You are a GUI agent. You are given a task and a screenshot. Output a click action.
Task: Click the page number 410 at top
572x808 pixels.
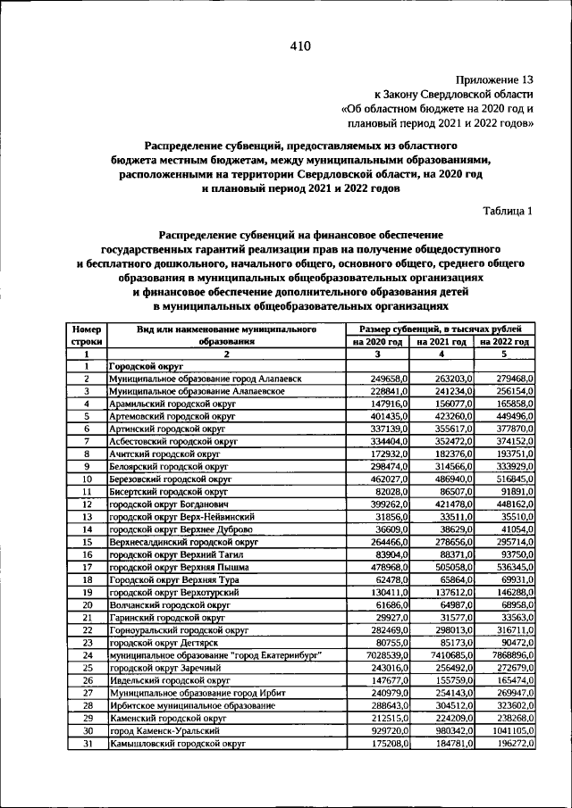click(299, 47)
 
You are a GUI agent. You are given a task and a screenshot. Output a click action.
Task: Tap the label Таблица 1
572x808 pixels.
click(507, 212)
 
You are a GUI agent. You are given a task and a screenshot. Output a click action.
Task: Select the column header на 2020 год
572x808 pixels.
click(378, 341)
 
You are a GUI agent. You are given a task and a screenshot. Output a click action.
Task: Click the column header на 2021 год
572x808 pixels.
click(442, 341)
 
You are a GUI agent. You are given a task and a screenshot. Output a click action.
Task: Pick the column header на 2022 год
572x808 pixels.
click(504, 341)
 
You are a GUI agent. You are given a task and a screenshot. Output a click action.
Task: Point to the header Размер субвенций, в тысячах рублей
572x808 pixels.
click(442, 329)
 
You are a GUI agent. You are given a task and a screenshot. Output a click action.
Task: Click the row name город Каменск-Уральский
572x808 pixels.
click(159, 729)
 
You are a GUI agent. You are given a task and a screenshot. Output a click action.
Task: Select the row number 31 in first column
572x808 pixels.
click(88, 742)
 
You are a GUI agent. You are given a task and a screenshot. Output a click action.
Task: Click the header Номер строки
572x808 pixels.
click(88, 335)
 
